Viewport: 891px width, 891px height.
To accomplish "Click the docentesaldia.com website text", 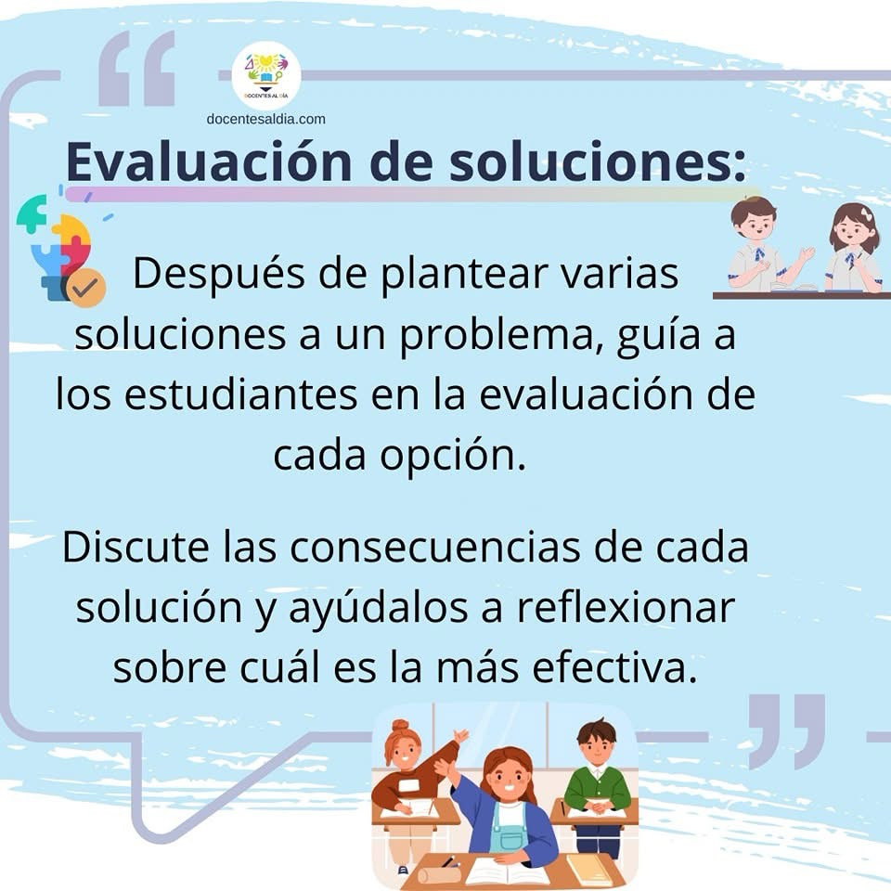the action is [x=266, y=120].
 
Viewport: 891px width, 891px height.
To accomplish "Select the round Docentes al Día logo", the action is [x=266, y=75].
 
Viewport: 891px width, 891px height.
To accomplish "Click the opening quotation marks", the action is [x=136, y=68].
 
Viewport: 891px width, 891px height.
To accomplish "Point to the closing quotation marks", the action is [x=786, y=731].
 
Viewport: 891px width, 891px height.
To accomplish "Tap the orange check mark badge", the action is [x=85, y=288].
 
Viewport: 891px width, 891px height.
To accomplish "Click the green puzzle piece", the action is [x=32, y=214].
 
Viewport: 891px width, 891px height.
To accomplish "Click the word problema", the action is [x=501, y=335].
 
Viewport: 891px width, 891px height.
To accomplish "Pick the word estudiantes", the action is [x=241, y=394].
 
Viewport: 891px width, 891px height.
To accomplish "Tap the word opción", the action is [x=453, y=456].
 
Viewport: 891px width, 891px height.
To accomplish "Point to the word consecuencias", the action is [x=434, y=548].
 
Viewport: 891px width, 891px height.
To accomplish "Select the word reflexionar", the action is [x=626, y=607].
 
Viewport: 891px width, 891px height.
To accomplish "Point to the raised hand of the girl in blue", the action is [x=445, y=768].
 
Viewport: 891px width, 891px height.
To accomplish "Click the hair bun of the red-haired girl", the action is [x=400, y=726].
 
